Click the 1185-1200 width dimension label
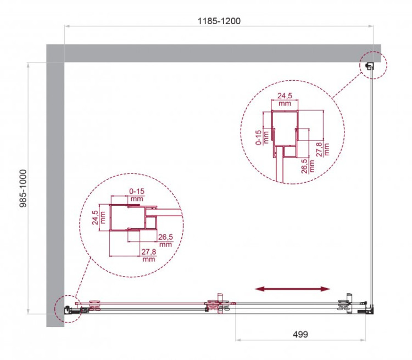[x=219, y=21]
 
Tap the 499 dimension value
[x=299, y=334]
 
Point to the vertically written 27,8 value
[x=326, y=147]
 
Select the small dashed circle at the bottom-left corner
[x=68, y=310]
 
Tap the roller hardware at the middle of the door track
[x=219, y=305]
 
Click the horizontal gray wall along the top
[x=220, y=53]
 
